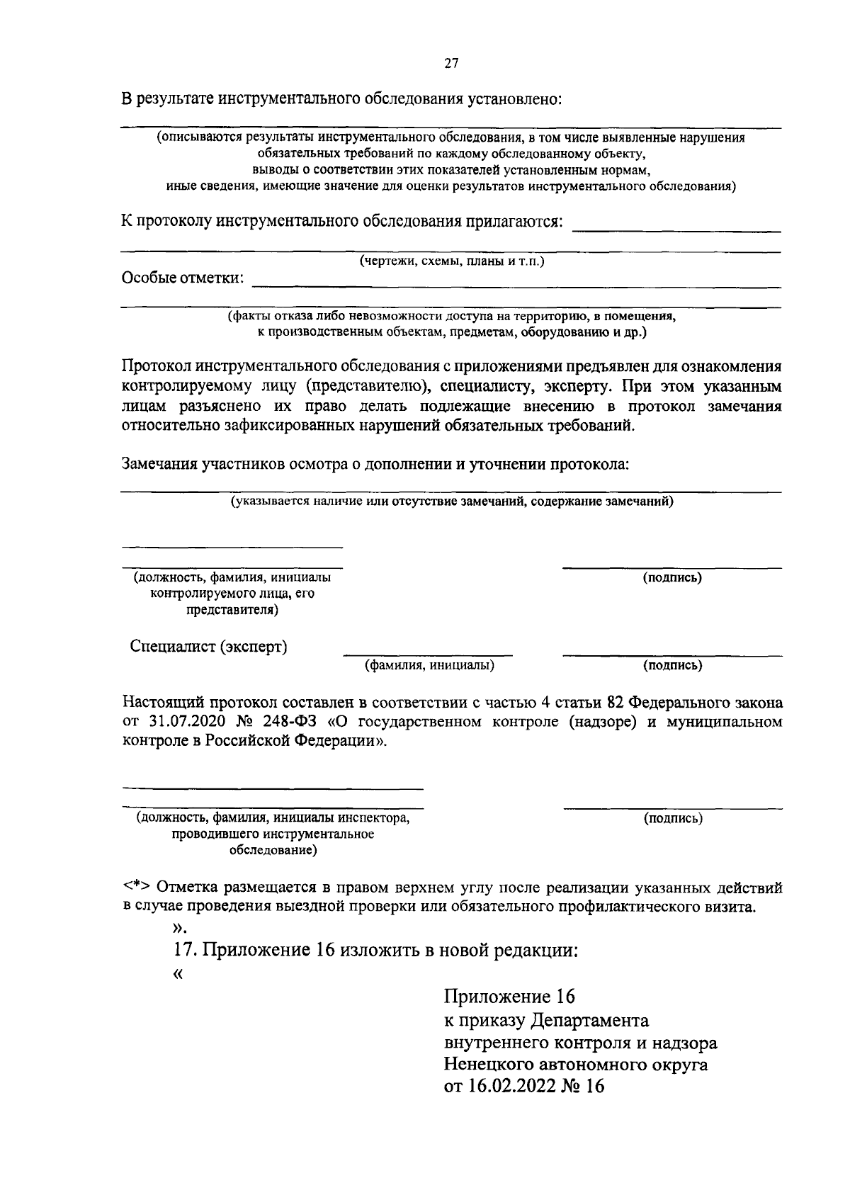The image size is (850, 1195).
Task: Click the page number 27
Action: click(x=451, y=64)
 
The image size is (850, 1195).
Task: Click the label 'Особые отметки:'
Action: click(x=183, y=278)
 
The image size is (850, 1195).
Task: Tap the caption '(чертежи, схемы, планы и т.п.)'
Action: click(x=451, y=261)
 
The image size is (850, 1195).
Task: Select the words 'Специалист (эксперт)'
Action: click(x=209, y=647)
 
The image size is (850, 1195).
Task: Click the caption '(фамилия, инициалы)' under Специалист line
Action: click(x=429, y=666)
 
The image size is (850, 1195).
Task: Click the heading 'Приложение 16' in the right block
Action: click(x=509, y=997)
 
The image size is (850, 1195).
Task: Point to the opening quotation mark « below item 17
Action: click(x=177, y=974)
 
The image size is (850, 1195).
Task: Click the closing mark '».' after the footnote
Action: click(x=178, y=928)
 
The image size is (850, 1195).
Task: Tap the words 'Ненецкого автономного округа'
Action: click(x=575, y=1065)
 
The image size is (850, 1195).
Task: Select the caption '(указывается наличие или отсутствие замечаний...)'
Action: click(x=451, y=502)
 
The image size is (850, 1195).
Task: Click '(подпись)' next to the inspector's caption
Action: click(x=672, y=819)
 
